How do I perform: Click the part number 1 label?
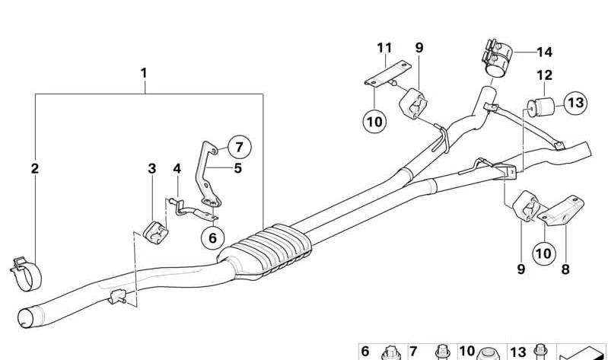pos(144,73)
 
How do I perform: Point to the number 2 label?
pos(35,168)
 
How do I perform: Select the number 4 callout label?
pos(177,168)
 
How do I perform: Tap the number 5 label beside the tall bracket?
pos(237,168)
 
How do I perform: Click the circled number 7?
pos(239,147)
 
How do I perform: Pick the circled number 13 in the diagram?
pos(575,103)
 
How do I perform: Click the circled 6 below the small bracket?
pos(212,237)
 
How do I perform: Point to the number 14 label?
pos(544,52)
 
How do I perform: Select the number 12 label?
pos(544,75)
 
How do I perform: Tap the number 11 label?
pos(384,48)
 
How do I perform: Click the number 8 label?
pos(565,269)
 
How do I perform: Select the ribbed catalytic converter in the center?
pos(265,251)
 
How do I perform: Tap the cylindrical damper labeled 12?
pos(540,107)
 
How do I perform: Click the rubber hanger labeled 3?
pos(155,233)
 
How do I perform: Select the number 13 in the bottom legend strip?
pos(518,352)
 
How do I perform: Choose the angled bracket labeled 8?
pos(562,212)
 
